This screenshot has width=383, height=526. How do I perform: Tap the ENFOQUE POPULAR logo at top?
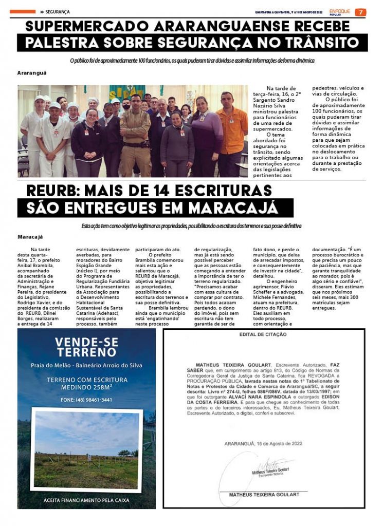tap(340, 12)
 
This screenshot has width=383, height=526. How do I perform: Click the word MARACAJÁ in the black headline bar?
tap(233, 208)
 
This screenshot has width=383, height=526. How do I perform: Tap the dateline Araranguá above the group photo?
tap(32, 73)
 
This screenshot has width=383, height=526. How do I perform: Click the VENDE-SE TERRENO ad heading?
tap(86, 347)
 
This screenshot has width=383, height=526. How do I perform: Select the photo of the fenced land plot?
tap(86, 449)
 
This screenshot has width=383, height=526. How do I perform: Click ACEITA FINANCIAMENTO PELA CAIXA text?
tap(86, 499)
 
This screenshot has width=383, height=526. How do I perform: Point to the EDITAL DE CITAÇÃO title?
tap(263, 335)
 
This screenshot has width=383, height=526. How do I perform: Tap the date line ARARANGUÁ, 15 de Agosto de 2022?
tap(263, 443)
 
